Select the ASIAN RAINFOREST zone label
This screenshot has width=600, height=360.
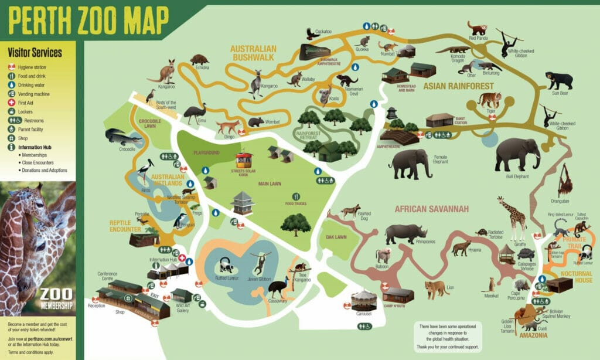click(x=459, y=86)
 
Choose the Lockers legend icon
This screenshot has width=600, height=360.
click(x=11, y=111)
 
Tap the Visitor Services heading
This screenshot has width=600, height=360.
click(x=35, y=53)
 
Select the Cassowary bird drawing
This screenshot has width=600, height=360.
click(x=278, y=288)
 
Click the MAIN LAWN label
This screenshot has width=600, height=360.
click(x=270, y=184)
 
